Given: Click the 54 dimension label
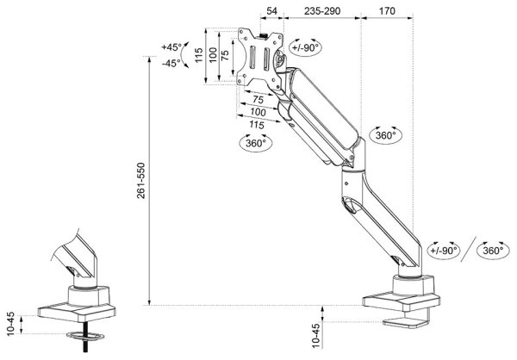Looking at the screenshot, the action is tap(271, 11).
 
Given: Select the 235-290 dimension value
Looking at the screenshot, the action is tap(322, 11).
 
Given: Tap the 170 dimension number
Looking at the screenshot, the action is tap(387, 11).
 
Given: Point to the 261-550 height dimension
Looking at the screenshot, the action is tap(140, 180).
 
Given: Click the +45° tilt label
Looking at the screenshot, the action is tap(171, 47).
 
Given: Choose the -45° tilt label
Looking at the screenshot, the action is tap(171, 63).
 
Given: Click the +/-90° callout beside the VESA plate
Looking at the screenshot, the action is tap(306, 47).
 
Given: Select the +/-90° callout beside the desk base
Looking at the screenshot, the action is tap(444, 251).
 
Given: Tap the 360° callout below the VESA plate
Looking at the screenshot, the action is tap(256, 143).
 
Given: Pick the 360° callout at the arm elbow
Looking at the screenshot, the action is tap(385, 135).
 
